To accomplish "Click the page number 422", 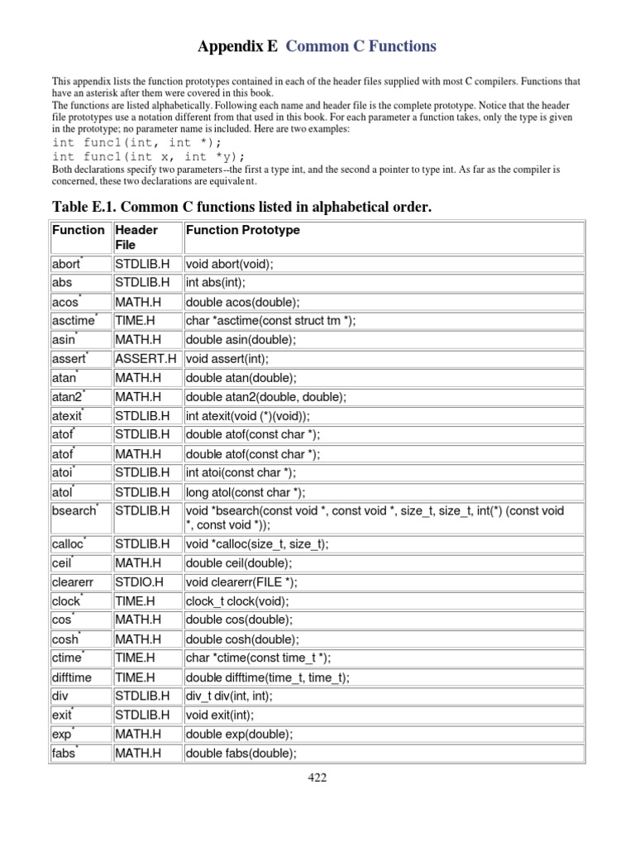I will [317, 778].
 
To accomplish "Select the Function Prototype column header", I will [243, 230].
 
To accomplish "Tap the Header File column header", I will [136, 237].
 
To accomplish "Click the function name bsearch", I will [74, 511].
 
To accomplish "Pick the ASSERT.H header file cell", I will [146, 359].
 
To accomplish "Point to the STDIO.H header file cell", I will [140, 581].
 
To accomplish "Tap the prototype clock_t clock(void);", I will [237, 601].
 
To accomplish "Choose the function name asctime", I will [73, 321].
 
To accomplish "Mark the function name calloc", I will [68, 544].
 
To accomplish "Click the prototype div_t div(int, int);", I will [229, 696].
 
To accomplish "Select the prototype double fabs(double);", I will [241, 753].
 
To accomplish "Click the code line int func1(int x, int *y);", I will [149, 156].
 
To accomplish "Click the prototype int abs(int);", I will [216, 283].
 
